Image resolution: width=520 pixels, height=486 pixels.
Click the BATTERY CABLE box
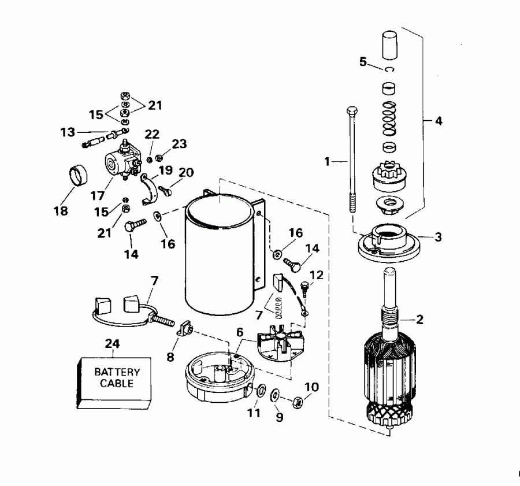(x=113, y=379)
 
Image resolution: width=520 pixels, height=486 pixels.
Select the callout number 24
(x=112, y=344)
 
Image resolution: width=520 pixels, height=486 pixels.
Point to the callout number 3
(x=439, y=237)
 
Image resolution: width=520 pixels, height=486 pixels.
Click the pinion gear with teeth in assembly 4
(x=391, y=173)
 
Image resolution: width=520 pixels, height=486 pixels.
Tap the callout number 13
(x=67, y=132)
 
